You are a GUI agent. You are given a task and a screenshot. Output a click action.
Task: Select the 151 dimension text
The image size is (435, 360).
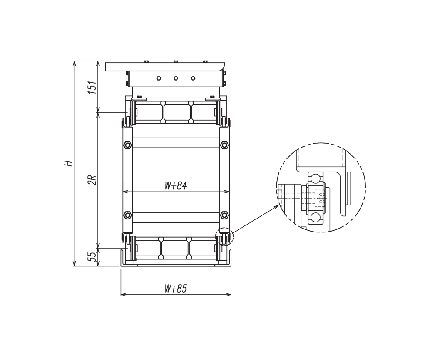92,87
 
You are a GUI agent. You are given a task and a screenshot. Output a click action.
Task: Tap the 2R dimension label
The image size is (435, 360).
92,180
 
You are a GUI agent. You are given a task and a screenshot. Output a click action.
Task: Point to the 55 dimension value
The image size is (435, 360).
92,257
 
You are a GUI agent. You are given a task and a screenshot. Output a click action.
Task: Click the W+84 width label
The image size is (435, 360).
176,186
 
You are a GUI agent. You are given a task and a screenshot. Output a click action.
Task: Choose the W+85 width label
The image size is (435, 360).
176,289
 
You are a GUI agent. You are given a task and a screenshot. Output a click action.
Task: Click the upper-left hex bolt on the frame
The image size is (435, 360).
127,145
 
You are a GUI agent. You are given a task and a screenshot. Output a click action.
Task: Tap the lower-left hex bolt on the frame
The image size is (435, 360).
127,215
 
